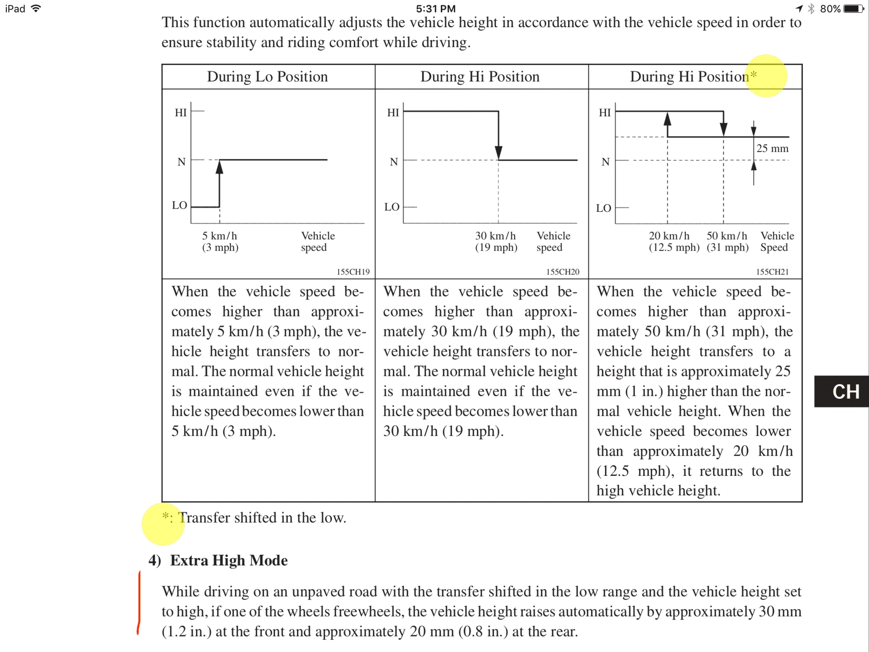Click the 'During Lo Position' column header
click(x=267, y=77)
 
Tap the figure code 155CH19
click(x=353, y=272)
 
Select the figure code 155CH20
click(x=563, y=272)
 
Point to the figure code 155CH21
click(x=772, y=272)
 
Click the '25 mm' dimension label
click(x=772, y=149)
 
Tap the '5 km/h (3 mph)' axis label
click(x=220, y=242)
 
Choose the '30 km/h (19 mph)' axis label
click(x=496, y=242)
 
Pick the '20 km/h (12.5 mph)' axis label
click(x=673, y=242)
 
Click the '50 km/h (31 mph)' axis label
click(x=727, y=242)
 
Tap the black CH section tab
click(x=841, y=392)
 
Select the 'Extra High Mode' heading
click(x=229, y=561)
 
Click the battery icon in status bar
click(x=854, y=9)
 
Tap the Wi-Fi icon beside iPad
click(x=36, y=8)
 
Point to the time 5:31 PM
click(x=435, y=9)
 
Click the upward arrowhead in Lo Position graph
click(x=220, y=168)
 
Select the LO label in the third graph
click(x=603, y=208)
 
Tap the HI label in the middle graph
click(x=393, y=113)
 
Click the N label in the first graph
click(x=181, y=162)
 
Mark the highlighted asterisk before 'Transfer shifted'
click(x=166, y=516)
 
